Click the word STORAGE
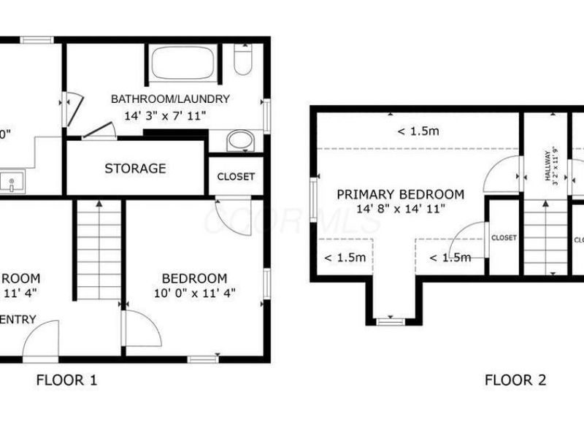pyautogui.click(x=135, y=169)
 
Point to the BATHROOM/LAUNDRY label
pyautogui.click(x=170, y=99)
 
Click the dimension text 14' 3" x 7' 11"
pyautogui.click(x=166, y=115)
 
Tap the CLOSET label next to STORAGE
pyautogui.click(x=237, y=177)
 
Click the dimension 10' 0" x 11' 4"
pyautogui.click(x=194, y=293)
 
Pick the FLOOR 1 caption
pyautogui.click(x=66, y=380)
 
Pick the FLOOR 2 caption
pyautogui.click(x=515, y=380)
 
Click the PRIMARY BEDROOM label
pyautogui.click(x=400, y=195)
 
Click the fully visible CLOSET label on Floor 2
pyautogui.click(x=504, y=238)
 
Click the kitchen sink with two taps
pyautogui.click(x=11, y=182)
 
